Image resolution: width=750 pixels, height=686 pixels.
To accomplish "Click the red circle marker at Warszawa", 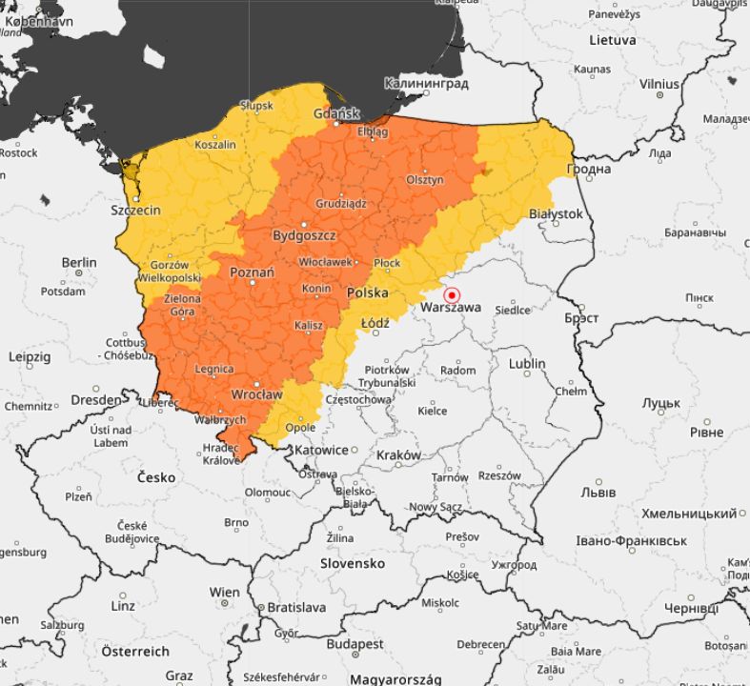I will (453, 295).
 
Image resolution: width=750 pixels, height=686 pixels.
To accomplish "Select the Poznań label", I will (252, 272).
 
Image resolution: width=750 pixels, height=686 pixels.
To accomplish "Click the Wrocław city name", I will (257, 393).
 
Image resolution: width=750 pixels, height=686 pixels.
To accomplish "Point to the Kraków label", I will (398, 455).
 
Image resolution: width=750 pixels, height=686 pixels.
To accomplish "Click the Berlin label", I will (79, 262).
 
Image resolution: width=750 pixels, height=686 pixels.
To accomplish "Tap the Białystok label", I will (555, 214).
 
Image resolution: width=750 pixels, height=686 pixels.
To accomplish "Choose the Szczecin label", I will (135, 210).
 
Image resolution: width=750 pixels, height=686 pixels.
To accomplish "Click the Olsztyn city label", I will (425, 179).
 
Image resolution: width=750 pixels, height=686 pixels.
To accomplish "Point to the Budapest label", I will (355, 644).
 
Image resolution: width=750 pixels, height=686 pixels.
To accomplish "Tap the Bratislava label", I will (296, 607).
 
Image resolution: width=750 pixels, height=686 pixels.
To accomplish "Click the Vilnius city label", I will (659, 84).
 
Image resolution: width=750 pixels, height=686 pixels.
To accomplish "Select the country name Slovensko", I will (352, 563).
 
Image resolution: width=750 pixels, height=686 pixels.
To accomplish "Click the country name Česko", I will (156, 476).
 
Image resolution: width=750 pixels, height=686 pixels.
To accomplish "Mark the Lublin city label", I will (527, 363).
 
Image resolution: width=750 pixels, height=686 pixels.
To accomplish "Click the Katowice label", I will (320, 450).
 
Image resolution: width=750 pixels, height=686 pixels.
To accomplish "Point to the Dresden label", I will (96, 400).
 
